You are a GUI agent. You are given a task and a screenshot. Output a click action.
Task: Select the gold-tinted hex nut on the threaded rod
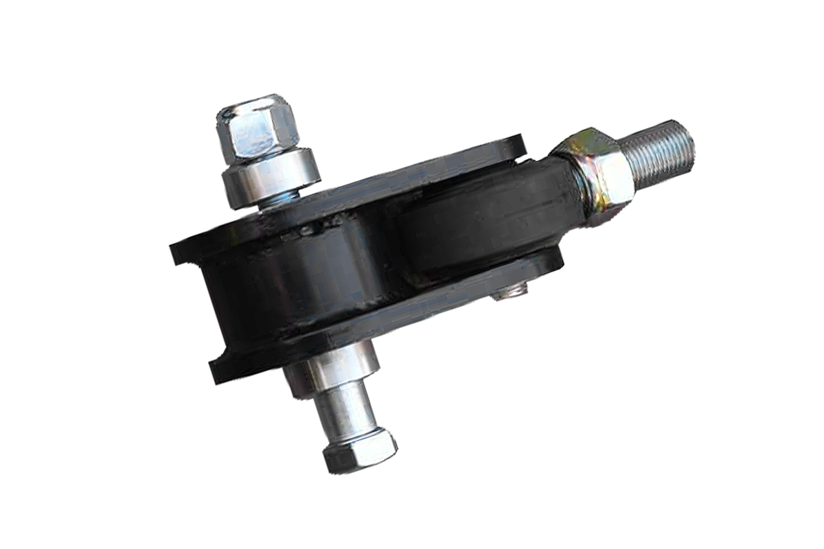point(597,168)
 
